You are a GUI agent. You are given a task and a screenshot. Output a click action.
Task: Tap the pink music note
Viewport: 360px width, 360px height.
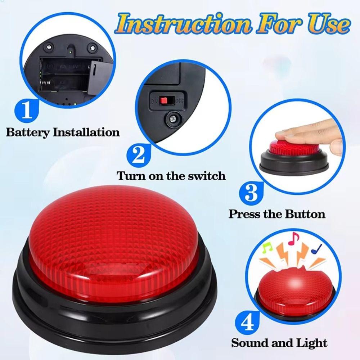[x=294, y=237]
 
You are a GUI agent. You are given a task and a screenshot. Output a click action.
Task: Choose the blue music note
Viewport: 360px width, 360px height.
[x=317, y=248]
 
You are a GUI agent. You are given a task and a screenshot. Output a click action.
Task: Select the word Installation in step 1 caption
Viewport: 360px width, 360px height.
[x=86, y=132]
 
